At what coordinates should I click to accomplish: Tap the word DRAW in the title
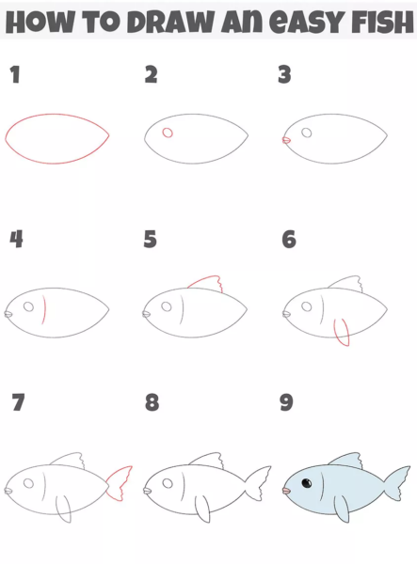click(170, 22)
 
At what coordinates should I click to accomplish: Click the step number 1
click(14, 74)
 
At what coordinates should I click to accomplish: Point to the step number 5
click(151, 239)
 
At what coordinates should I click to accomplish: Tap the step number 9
click(287, 402)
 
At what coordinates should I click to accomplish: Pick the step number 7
click(18, 402)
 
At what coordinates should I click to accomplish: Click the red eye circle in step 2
click(168, 133)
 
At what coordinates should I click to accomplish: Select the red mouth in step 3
click(286, 140)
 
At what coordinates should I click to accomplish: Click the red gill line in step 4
click(45, 309)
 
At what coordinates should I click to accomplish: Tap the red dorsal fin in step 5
click(206, 283)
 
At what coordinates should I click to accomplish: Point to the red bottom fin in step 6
click(342, 333)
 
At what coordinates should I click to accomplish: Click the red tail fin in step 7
click(120, 483)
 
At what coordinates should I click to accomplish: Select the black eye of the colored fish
click(307, 483)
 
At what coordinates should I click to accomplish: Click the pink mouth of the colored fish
click(286, 491)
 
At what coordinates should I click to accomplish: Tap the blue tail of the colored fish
click(397, 483)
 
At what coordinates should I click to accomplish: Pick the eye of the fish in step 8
click(168, 483)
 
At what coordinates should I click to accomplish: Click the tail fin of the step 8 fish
click(258, 483)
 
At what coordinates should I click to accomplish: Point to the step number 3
click(284, 74)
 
